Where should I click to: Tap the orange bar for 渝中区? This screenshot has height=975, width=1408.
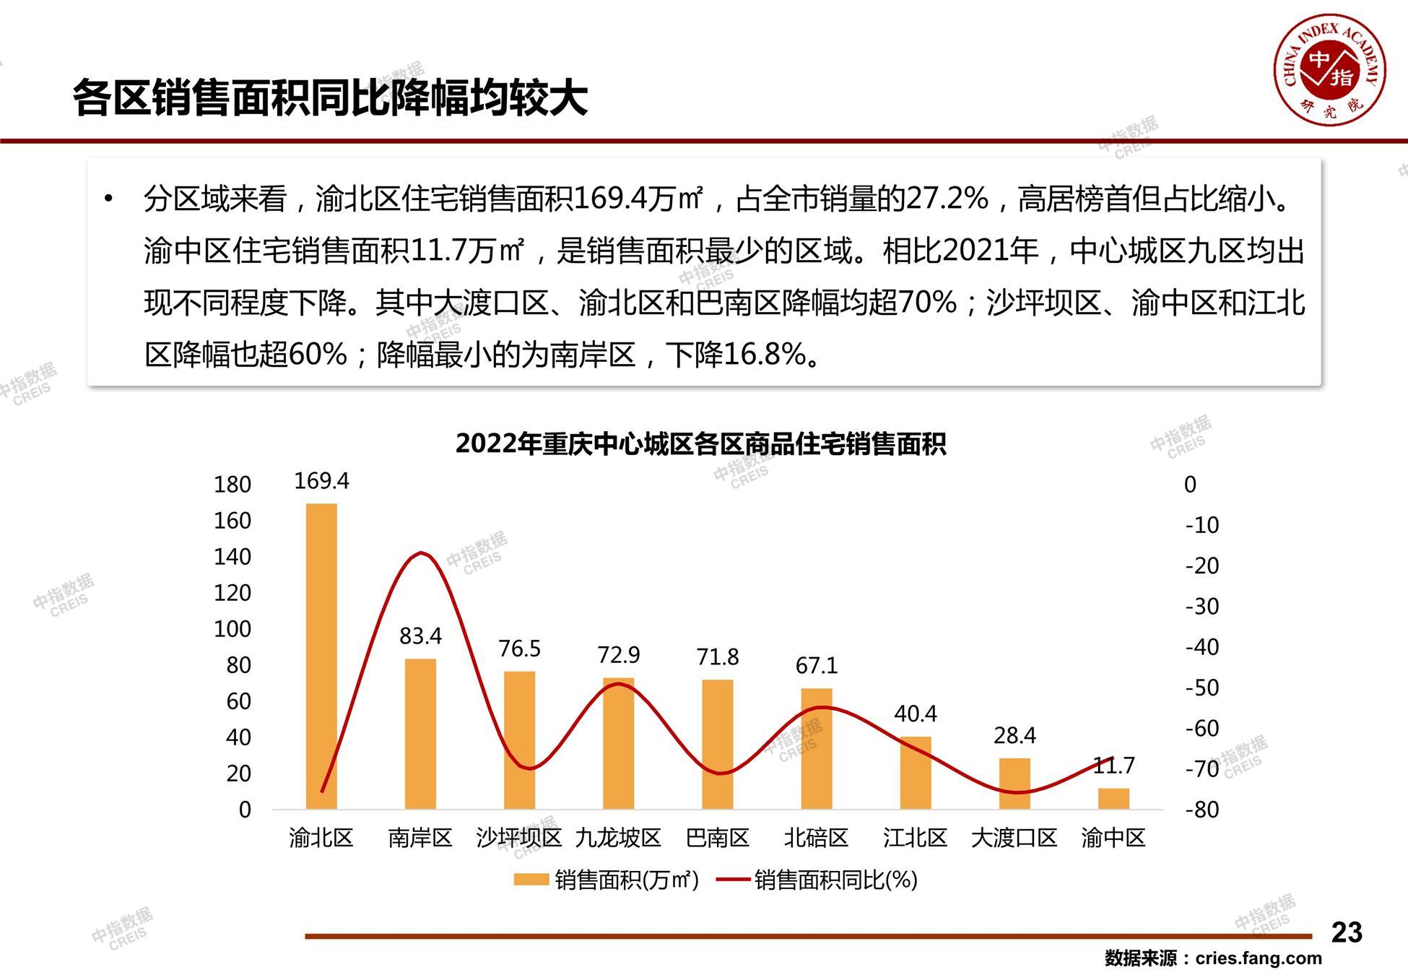pos(1113,798)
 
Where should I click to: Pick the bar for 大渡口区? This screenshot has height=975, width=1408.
pos(1014,783)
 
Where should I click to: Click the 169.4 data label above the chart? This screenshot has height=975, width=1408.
pos(321,481)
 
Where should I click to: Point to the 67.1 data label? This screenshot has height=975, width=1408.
pos(817,665)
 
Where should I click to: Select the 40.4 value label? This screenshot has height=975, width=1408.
pos(916,714)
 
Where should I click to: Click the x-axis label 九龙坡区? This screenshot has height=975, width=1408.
pos(618,838)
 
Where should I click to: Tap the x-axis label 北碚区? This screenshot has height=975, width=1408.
pos(817,838)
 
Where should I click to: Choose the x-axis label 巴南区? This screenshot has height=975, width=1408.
pos(718,838)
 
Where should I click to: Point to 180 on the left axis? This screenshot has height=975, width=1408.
pos(232,485)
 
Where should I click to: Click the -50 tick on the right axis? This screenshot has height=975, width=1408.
pos(1202,688)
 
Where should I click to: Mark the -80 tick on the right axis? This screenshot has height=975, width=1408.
pos(1202,810)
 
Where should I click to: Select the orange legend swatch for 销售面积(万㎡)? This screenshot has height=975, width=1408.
pos(531,880)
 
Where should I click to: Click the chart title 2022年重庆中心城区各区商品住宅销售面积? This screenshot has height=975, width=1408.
pos(700,443)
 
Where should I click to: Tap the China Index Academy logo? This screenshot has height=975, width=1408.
pos(1329,71)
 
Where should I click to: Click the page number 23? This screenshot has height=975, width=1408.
pos(1347,932)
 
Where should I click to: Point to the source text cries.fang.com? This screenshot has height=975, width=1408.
pos(1259,958)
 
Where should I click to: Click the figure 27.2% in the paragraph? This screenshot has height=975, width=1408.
pos(947,199)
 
